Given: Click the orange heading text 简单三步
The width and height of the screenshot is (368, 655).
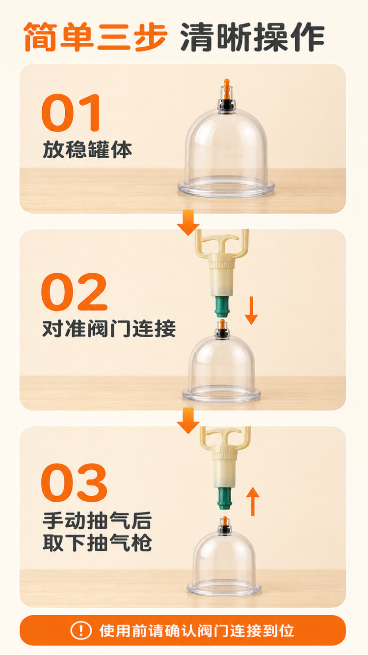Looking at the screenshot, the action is click(x=95, y=37).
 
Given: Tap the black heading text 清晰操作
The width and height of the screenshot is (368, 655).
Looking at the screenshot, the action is click(x=252, y=37).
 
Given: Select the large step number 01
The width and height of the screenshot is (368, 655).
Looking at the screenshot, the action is click(x=71, y=113).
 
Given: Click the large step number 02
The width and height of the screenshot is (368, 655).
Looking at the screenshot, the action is click(x=74, y=292).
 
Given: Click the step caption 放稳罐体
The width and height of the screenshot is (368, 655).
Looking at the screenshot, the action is click(x=87, y=150).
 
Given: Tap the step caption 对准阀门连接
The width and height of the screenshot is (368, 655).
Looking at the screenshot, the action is click(x=109, y=329).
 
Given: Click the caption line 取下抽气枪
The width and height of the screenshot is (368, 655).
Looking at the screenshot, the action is click(x=97, y=543).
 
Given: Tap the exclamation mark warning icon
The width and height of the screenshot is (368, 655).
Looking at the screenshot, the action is click(x=81, y=630).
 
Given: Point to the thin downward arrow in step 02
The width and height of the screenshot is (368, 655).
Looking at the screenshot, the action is click(x=251, y=310).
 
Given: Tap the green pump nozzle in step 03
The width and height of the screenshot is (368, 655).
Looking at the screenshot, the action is click(x=224, y=498).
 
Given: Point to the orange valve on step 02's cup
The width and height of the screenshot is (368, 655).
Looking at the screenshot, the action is click(x=222, y=324).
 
